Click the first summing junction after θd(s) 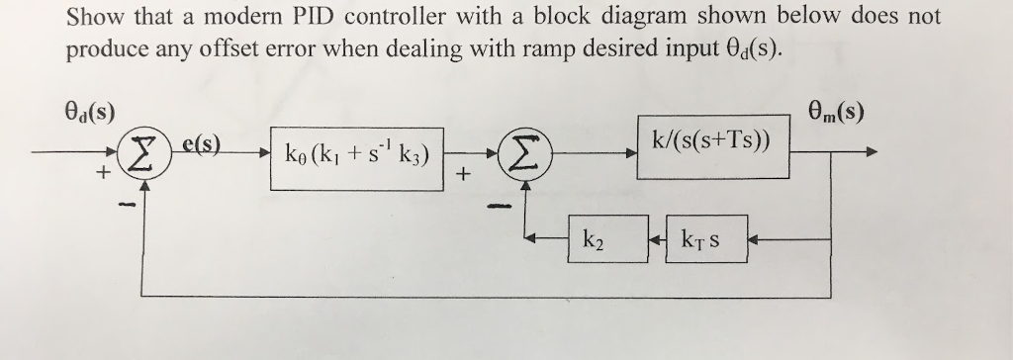pos(138,156)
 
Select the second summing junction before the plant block pos(526,155)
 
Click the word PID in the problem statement pos(344,17)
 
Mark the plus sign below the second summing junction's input pos(461,176)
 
